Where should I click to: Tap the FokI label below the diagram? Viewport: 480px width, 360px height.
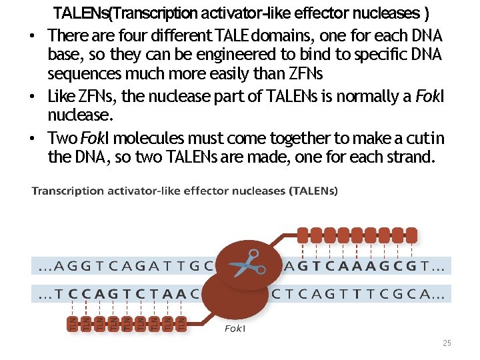pyautogui.click(x=235, y=329)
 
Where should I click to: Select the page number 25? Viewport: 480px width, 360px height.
pyautogui.click(x=447, y=343)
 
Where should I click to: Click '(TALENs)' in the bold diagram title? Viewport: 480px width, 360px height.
pyautogui.click(x=313, y=191)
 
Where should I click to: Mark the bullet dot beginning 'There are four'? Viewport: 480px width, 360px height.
pyautogui.click(x=33, y=35)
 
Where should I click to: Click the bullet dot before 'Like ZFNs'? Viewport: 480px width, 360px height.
pyautogui.click(x=33, y=97)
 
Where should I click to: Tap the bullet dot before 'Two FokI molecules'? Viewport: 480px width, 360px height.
pyautogui.click(x=33, y=139)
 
